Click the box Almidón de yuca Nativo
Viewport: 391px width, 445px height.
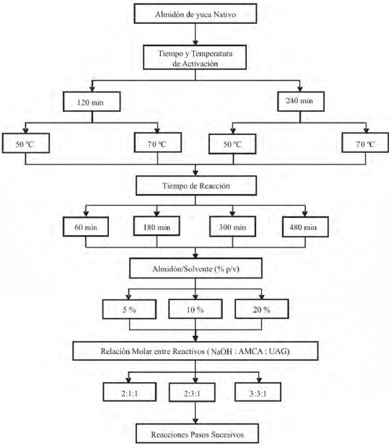point(195,13)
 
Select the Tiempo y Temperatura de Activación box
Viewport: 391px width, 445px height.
point(195,57)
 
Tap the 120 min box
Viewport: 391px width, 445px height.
point(92,102)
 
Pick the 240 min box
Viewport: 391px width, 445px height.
point(301,101)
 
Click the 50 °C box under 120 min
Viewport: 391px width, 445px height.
point(26,144)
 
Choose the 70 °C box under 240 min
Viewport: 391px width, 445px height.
point(365,143)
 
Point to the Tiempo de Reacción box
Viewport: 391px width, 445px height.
point(196,185)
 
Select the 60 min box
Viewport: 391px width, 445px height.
point(86,226)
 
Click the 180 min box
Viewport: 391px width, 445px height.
point(157,226)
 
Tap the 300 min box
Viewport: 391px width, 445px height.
point(232,226)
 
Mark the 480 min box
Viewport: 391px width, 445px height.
point(305,226)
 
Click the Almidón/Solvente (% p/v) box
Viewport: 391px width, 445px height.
point(195,268)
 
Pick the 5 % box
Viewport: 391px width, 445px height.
point(129,309)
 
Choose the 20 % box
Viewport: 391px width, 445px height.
point(262,309)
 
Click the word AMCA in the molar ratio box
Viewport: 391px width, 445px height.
point(251,352)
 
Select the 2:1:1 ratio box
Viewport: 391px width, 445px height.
point(129,392)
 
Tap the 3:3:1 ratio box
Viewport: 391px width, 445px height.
point(258,392)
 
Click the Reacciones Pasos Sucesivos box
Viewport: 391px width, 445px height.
point(198,433)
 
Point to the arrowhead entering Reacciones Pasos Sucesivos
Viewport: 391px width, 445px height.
point(195,421)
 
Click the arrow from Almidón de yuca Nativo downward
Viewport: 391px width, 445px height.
point(195,34)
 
